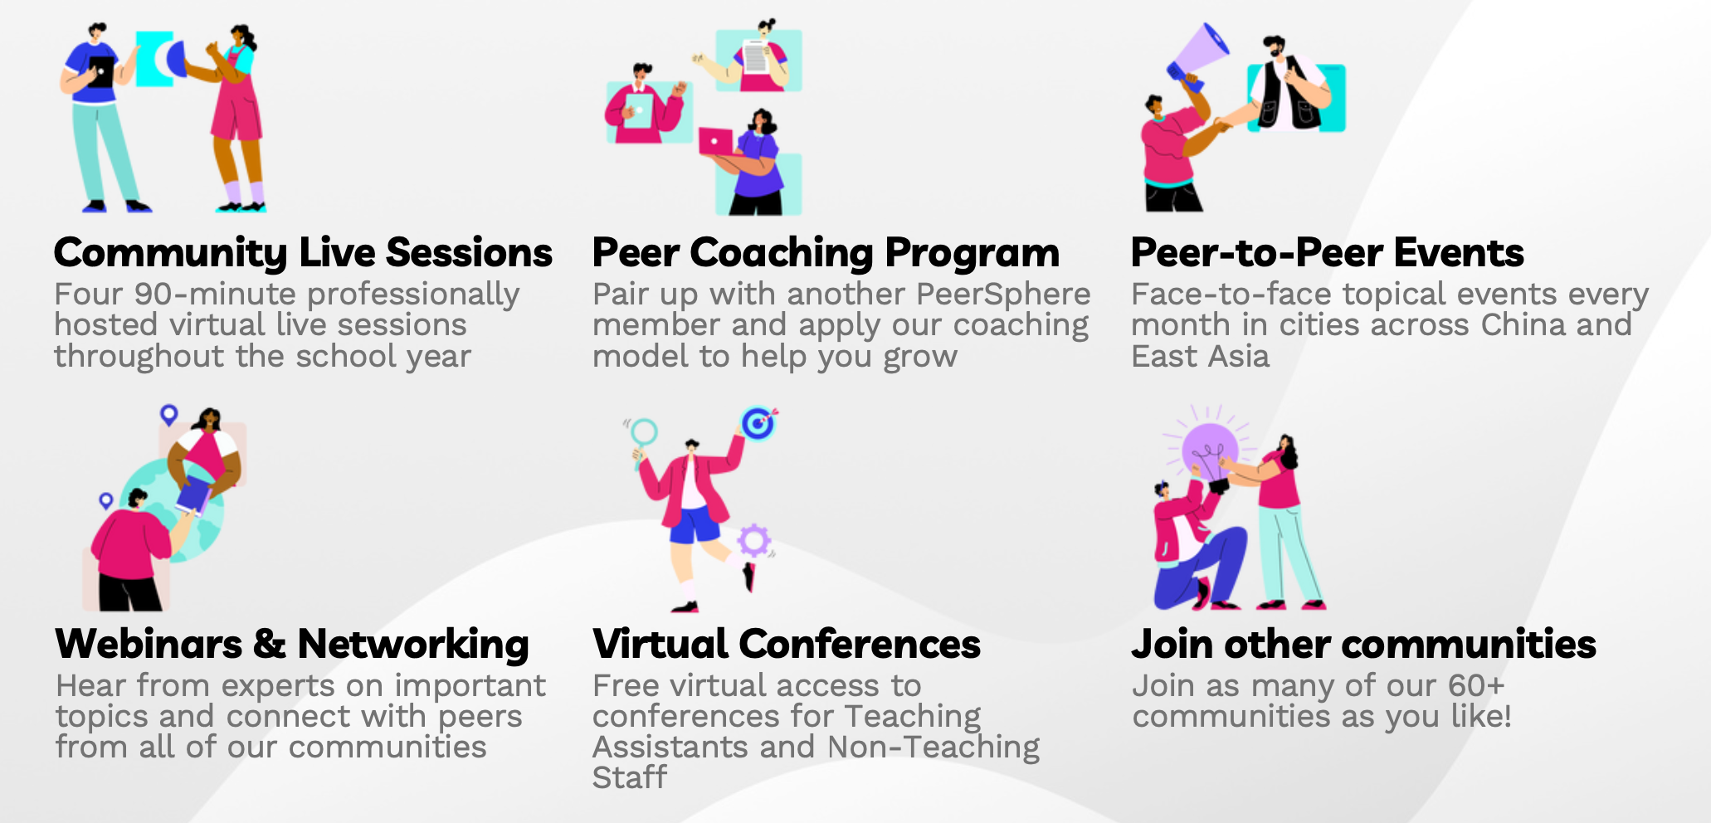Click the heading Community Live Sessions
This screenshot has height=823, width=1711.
coord(303,253)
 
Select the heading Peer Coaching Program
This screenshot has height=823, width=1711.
coord(826,253)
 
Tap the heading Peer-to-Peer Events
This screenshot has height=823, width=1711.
coord(1327,252)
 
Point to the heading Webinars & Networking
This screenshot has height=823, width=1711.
coord(292,645)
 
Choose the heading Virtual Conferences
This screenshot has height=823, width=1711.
coord(787,644)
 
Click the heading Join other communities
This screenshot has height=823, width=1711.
coord(1363,644)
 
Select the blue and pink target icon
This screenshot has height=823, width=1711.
coord(758,423)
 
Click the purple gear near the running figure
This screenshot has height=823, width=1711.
coord(754,540)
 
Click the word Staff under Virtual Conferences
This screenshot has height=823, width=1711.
coord(629,777)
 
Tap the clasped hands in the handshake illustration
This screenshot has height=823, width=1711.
coord(1223,124)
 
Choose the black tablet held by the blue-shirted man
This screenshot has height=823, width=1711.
coord(100,71)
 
